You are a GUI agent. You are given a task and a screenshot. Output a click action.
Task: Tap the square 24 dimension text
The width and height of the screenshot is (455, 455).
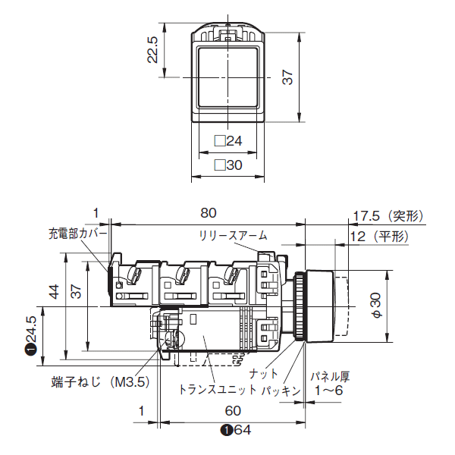[228, 141]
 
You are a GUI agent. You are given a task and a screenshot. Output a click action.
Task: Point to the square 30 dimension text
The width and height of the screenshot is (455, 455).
[228, 165]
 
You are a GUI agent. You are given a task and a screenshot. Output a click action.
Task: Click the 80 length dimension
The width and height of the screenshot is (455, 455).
[208, 212]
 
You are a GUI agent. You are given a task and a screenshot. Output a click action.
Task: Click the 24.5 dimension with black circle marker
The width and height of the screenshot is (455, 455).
[31, 334]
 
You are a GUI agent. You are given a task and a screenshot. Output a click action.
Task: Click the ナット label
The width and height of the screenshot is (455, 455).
[264, 373]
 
